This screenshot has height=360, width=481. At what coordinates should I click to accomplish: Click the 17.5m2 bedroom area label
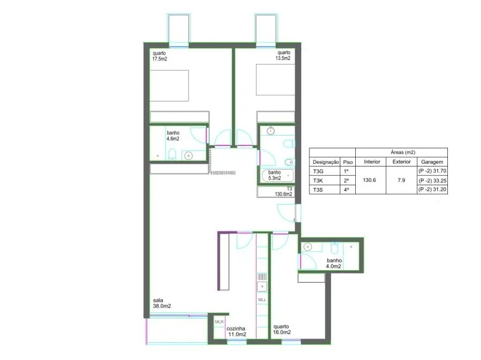[159, 56]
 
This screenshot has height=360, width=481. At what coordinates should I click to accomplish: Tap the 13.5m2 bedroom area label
[283, 56]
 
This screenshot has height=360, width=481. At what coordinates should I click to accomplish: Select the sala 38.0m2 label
[162, 303]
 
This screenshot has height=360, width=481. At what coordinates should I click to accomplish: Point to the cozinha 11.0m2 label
[237, 331]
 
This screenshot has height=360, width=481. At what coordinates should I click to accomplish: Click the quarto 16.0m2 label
[282, 329]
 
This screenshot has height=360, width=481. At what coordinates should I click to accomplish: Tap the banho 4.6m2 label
[173, 136]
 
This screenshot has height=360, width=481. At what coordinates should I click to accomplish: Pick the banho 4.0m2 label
[334, 263]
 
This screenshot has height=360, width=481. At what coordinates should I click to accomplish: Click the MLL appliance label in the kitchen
[262, 299]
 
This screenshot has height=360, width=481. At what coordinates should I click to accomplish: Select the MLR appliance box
[219, 326]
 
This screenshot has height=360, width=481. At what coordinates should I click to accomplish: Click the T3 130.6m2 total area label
[284, 191]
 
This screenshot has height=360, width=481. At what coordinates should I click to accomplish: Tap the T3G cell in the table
[318, 171]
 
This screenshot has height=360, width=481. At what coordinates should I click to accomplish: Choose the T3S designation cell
[318, 190]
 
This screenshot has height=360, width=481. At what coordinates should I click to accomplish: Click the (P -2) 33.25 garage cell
[432, 180]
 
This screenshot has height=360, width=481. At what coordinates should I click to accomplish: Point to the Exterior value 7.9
[401, 180]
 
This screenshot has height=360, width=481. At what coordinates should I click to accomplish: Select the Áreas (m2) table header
[403, 152]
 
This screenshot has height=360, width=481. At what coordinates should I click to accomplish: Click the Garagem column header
[432, 162]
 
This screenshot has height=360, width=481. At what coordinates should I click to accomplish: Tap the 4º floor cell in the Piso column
[346, 190]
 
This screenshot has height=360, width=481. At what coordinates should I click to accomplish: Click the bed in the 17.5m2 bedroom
[169, 85]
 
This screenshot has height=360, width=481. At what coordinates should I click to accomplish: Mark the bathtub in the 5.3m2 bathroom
[277, 176]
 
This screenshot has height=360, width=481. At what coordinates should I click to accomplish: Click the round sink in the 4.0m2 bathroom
[307, 246]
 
